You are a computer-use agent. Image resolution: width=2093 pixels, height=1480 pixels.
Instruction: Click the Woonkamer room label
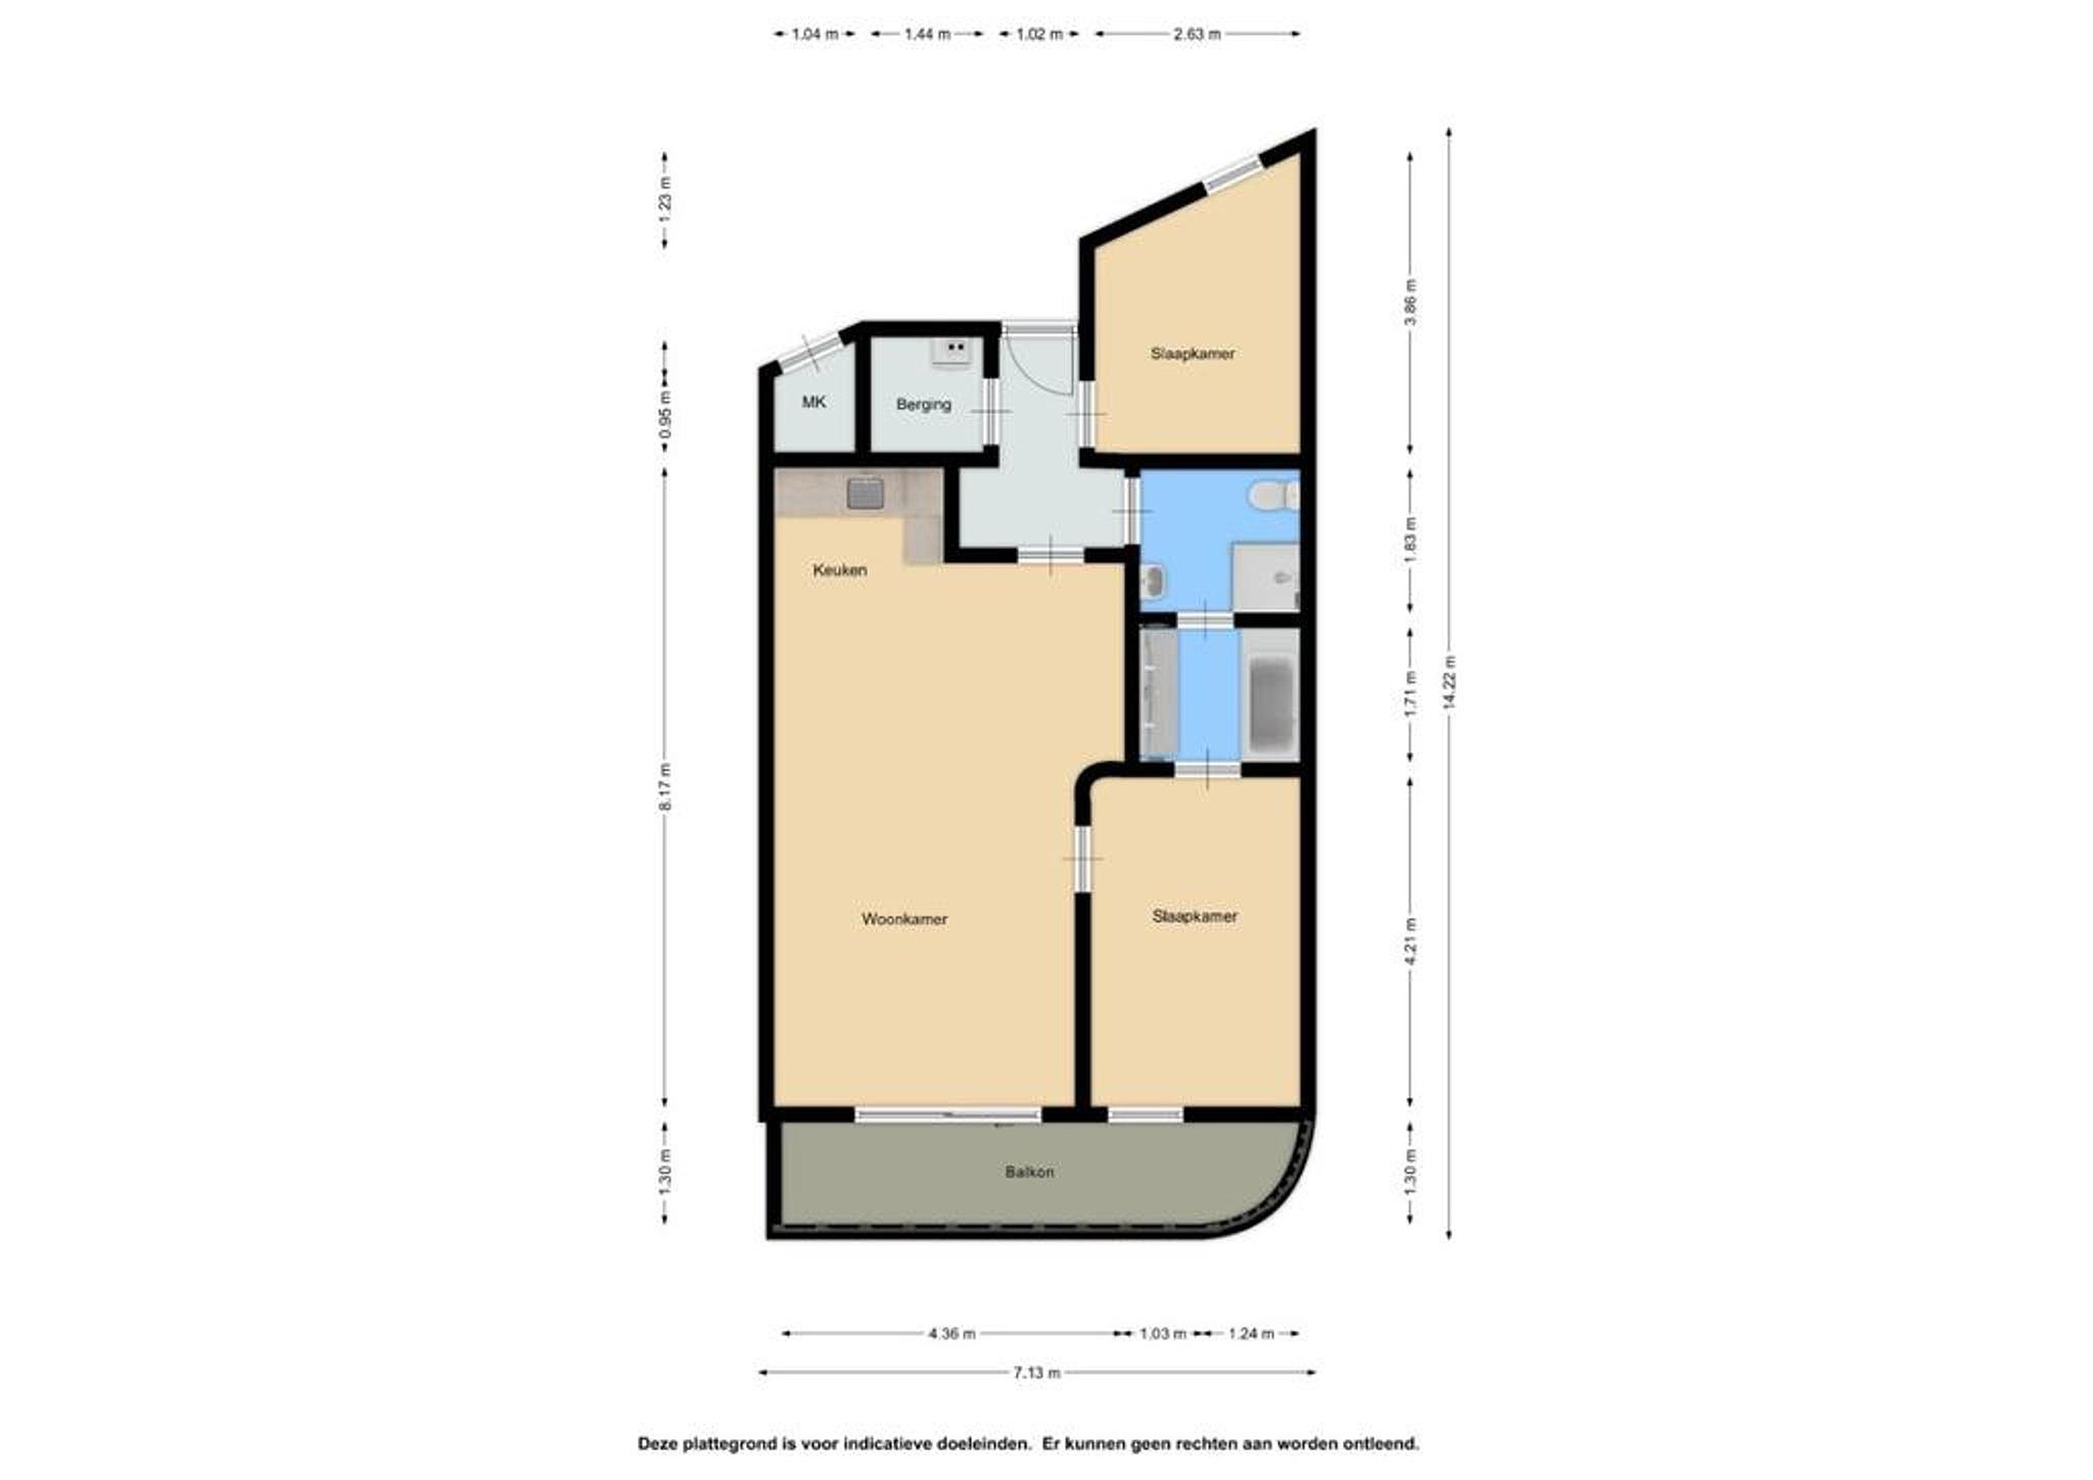(x=904, y=920)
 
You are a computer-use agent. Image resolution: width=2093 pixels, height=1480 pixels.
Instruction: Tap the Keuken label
(x=839, y=571)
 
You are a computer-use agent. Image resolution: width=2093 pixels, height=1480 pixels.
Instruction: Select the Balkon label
(x=1029, y=1172)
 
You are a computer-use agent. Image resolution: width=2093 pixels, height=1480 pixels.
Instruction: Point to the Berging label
(x=924, y=404)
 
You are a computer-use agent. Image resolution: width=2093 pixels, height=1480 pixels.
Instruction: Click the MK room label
(x=813, y=401)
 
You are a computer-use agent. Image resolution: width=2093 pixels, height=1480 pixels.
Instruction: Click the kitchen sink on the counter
(x=227, y=494)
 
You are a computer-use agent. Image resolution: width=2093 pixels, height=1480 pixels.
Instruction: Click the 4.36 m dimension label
(x=952, y=1334)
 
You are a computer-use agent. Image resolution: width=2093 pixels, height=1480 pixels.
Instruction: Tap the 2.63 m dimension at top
(x=1197, y=35)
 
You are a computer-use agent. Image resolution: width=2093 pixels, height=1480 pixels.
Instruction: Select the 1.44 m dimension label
(x=927, y=35)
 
